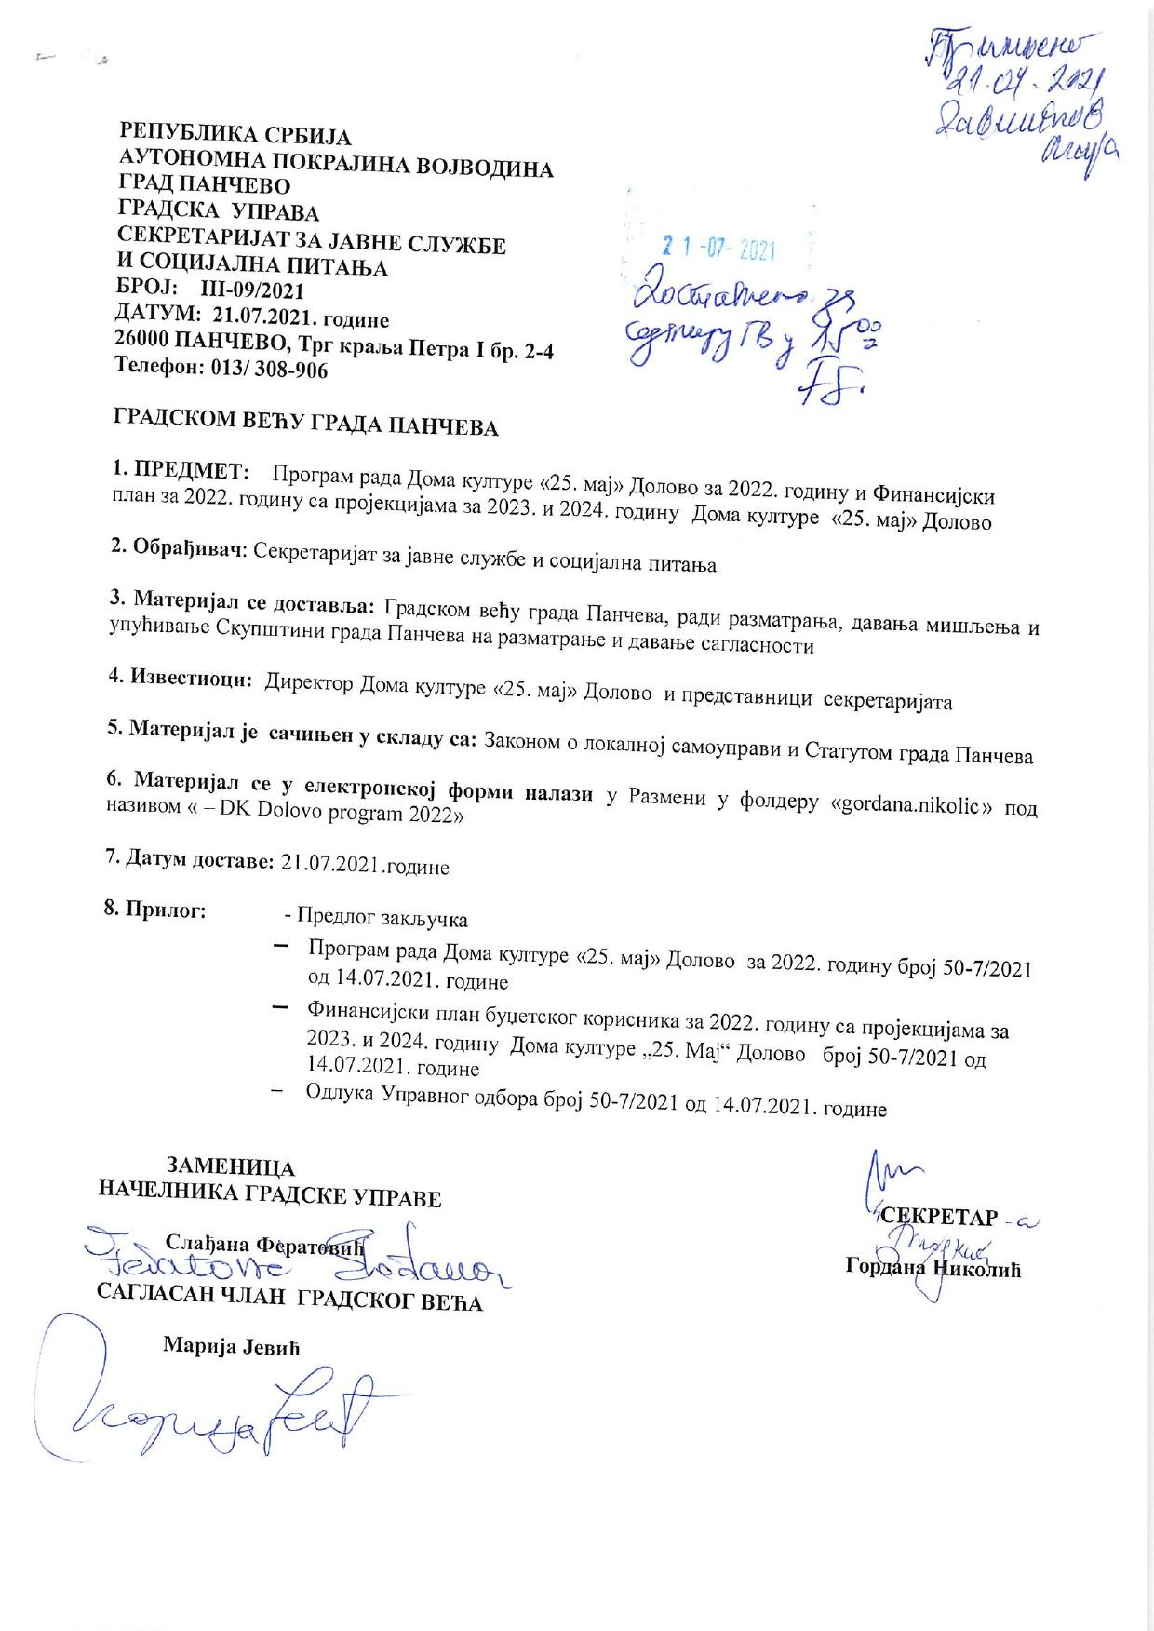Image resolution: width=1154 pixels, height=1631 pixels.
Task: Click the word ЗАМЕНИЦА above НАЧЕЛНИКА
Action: [230, 1167]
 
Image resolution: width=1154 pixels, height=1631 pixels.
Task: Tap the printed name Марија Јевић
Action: [232, 1345]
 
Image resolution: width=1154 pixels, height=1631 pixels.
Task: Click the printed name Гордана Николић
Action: [933, 1267]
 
